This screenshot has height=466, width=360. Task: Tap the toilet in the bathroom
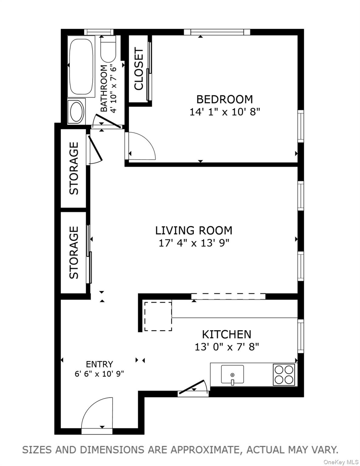point(108,50)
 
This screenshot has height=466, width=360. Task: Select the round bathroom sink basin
point(76,112)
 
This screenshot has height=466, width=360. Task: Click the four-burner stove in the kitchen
point(284,374)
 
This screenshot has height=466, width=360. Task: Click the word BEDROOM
point(224,99)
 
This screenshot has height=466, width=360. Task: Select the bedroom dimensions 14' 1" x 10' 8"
point(225,112)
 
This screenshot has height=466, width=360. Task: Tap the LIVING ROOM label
point(194,231)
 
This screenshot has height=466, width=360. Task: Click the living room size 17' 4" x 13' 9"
point(194,243)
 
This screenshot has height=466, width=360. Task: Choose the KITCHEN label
point(226,334)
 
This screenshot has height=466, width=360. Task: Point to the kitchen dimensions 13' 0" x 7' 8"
point(226,347)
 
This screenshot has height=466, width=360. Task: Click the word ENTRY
point(99,364)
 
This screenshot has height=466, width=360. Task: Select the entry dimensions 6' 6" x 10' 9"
point(99,374)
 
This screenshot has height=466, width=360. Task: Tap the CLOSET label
point(139,69)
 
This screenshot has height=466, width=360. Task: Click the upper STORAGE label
point(74,168)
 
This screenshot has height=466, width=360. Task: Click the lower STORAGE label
point(74,252)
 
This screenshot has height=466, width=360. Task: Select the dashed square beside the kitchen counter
point(158,316)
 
